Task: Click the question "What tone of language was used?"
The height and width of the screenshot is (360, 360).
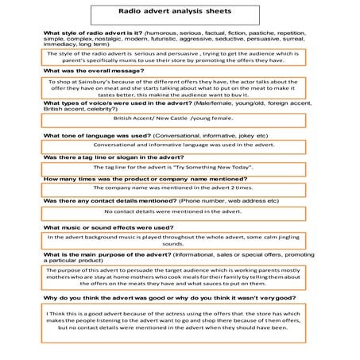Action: click(x=96, y=136)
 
